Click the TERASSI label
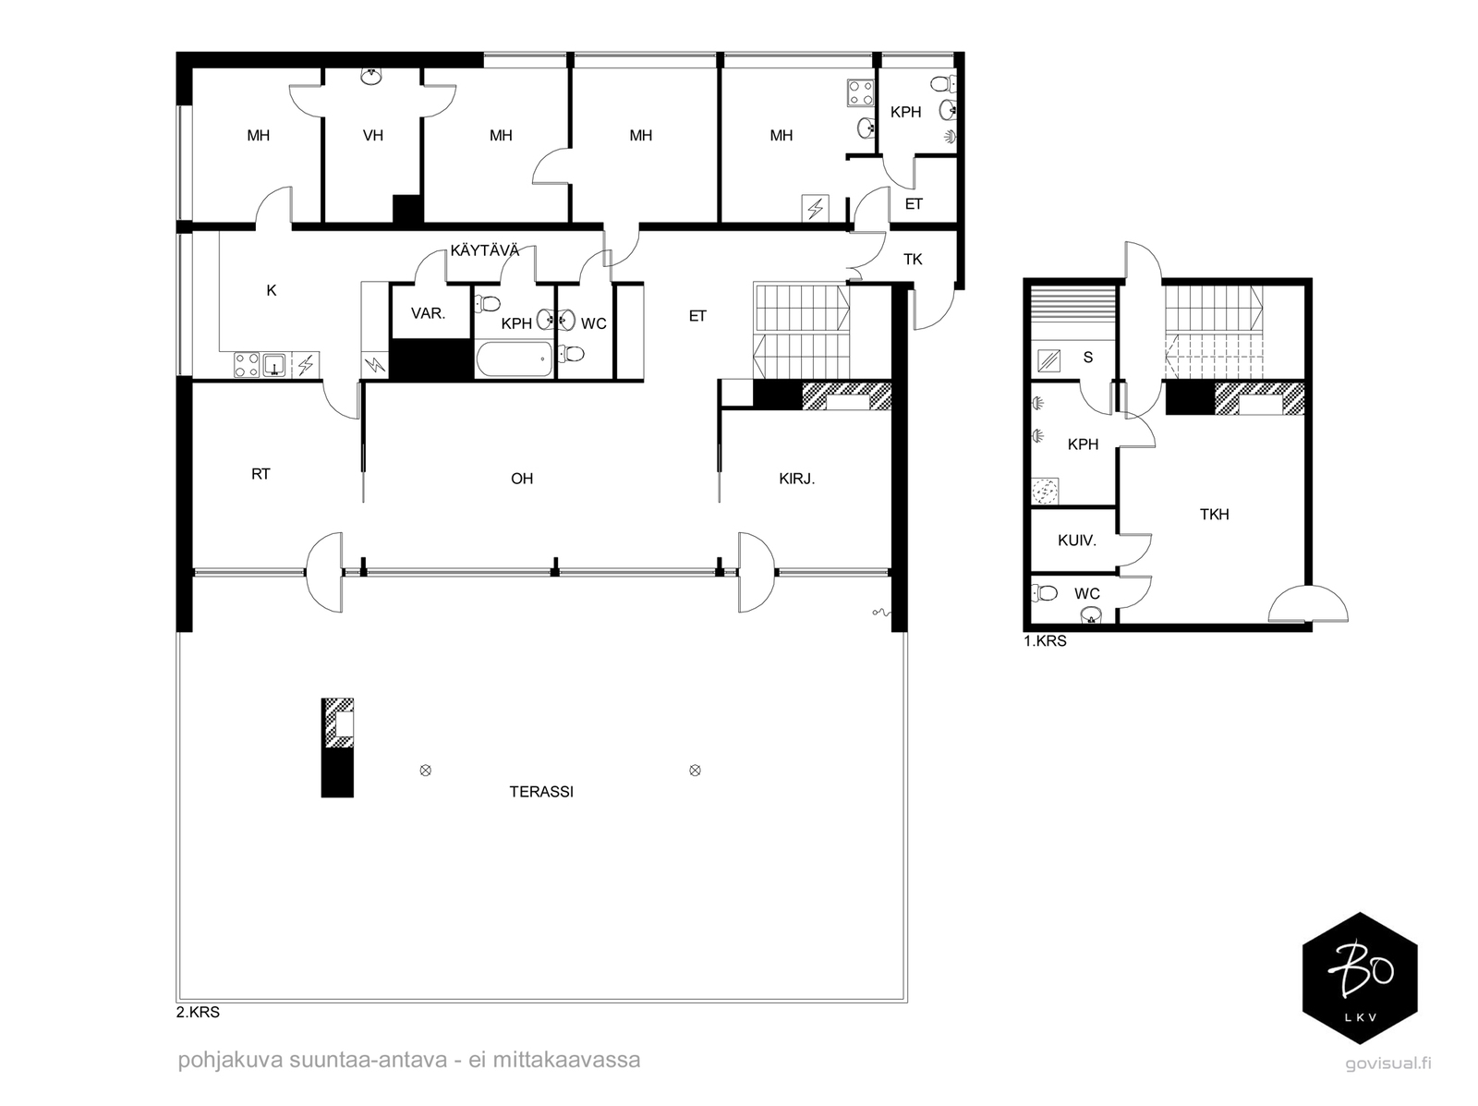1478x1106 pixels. pos(540,792)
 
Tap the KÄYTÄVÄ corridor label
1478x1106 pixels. pos(485,250)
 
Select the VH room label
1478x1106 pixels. pos(372,136)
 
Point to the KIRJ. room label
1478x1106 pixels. pos(796,479)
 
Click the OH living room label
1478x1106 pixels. pos(522,479)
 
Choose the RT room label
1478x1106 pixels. pos(260,474)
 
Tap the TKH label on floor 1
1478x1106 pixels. pos(1214,515)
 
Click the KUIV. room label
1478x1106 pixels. pos(1077,541)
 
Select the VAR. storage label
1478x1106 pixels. pos(429,313)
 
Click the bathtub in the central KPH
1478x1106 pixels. pos(515,359)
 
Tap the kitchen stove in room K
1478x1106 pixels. pos(247,364)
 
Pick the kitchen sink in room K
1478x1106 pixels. pos(274,364)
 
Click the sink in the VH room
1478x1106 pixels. pos(371,76)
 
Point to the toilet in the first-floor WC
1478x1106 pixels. pos(1045,593)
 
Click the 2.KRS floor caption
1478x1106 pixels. pos(198,1012)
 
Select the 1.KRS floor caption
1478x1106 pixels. pos(1045,641)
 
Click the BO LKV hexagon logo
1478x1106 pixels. pos(1360,978)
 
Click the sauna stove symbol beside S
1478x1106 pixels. pos(1049,361)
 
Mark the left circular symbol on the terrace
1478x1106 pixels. pos(426,771)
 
